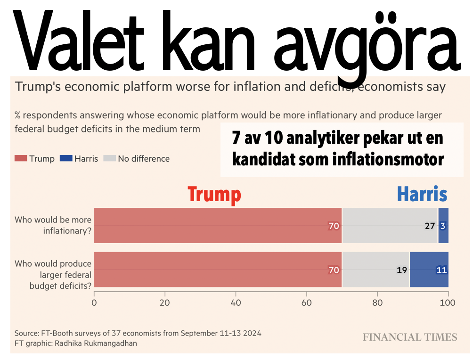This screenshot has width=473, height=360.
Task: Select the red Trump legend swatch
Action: [x=21, y=159]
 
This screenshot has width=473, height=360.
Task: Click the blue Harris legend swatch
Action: [x=66, y=159]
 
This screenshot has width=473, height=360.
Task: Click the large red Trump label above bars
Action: [x=214, y=194]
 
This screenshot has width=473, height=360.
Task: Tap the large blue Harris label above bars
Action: [x=422, y=194]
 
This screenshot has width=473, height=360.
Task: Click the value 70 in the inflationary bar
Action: [x=334, y=226]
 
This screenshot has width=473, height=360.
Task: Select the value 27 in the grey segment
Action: [x=430, y=226]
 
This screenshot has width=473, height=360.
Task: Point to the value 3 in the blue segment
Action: [x=443, y=226]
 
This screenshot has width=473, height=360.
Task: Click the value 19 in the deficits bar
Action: [x=401, y=270]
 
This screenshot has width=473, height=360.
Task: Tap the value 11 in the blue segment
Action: [x=441, y=270]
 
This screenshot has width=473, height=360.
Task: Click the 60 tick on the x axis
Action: [x=307, y=303]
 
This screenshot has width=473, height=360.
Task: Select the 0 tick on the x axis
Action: [x=95, y=303]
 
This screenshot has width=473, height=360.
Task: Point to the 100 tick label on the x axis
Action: [x=448, y=303]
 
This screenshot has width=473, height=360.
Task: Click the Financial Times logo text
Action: [x=410, y=337]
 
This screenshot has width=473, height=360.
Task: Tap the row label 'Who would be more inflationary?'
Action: [x=53, y=225]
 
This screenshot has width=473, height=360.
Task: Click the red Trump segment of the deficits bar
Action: [x=217, y=270]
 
